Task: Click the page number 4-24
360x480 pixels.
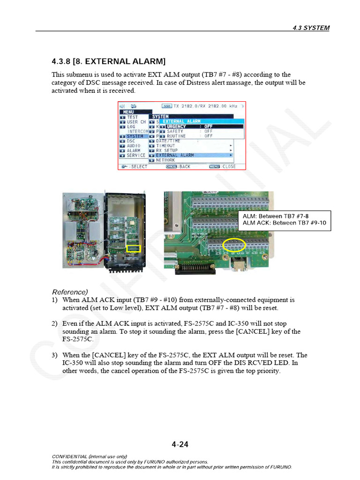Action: (x=180, y=444)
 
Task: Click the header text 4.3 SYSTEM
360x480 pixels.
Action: (x=310, y=28)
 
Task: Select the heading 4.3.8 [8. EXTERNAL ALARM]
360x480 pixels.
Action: (x=108, y=61)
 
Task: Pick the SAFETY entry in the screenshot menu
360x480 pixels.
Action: (x=175, y=131)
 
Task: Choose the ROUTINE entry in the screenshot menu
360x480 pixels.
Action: (x=176, y=136)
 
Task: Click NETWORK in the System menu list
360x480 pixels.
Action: (x=165, y=160)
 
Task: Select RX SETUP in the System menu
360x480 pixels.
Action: (x=167, y=150)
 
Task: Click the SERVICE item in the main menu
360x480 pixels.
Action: (x=136, y=155)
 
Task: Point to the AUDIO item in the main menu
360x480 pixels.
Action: (x=134, y=146)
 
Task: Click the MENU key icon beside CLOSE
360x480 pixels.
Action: (x=214, y=166)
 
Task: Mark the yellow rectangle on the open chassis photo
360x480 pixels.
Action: (x=134, y=248)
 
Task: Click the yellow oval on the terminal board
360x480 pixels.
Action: (x=234, y=245)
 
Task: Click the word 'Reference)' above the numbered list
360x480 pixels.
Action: (x=70, y=292)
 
